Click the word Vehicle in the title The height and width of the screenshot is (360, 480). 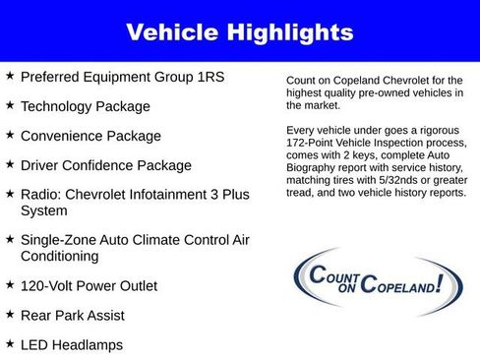[x=174, y=32]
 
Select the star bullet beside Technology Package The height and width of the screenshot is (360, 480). [x=10, y=104]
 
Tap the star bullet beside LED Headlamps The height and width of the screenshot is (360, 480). [x=10, y=343]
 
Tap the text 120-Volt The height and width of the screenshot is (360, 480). [x=48, y=286]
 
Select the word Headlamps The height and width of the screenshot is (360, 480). [x=88, y=345]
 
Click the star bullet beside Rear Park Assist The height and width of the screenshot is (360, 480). [x=10, y=314]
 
